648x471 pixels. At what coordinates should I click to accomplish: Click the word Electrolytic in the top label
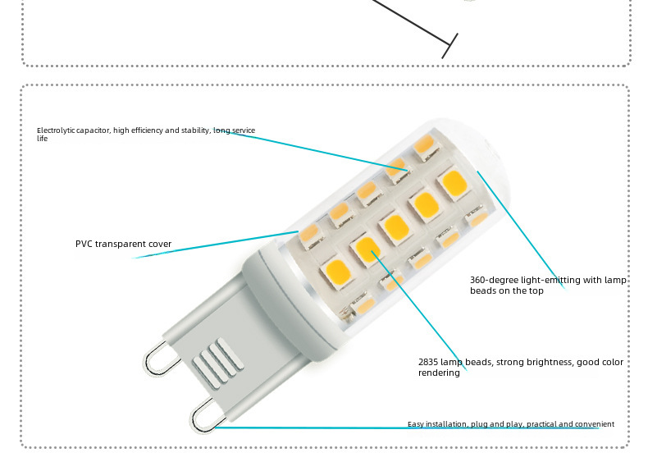[57, 130]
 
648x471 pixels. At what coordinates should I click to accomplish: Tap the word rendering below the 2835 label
[439, 373]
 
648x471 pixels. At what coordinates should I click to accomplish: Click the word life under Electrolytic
[42, 139]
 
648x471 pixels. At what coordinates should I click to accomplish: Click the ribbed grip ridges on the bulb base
[218, 363]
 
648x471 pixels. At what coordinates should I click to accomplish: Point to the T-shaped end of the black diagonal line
[449, 45]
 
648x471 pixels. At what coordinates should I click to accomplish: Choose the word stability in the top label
[195, 130]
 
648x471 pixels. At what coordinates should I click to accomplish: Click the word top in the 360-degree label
[536, 291]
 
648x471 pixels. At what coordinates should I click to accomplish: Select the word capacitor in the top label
[94, 130]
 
